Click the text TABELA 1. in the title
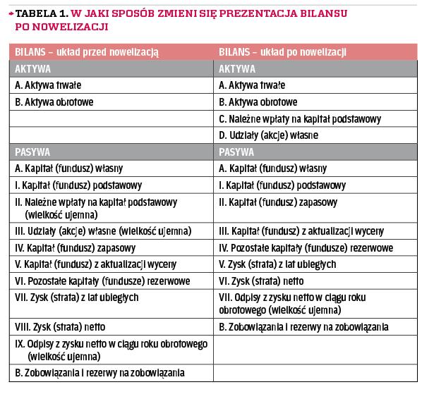click(x=39, y=13)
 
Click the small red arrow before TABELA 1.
click(x=11, y=13)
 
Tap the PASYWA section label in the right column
click(x=237, y=150)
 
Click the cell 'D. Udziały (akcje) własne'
click(x=269, y=134)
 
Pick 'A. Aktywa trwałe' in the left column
click(x=49, y=85)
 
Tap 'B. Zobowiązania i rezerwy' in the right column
click(x=303, y=327)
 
